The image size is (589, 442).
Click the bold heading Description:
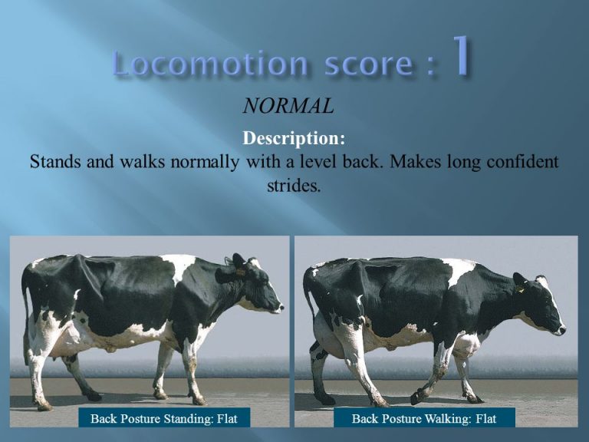tap(294, 140)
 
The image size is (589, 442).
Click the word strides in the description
tap(293, 186)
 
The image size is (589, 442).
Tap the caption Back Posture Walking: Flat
tap(423, 418)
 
